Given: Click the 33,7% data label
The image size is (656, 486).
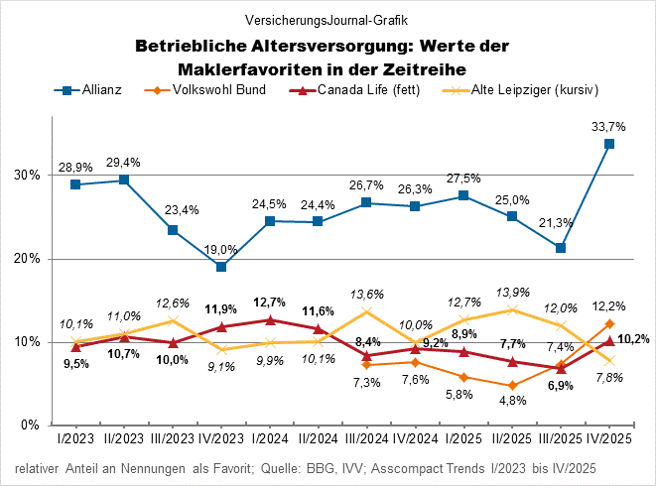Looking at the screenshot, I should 608,126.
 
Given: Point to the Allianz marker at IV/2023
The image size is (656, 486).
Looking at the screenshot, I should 221,267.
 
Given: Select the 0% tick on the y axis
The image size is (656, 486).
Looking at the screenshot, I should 29,425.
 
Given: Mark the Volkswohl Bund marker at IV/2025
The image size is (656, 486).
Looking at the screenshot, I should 609,324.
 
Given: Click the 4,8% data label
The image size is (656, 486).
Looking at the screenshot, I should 512,402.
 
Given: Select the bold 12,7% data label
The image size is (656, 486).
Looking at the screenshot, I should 270,303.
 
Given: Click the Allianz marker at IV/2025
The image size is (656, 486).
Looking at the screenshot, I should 609,144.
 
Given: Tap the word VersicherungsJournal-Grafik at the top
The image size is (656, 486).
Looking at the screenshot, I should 327,19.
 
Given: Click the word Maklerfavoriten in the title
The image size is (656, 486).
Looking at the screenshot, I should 257,67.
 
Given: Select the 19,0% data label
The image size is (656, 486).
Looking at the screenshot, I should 221,249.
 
